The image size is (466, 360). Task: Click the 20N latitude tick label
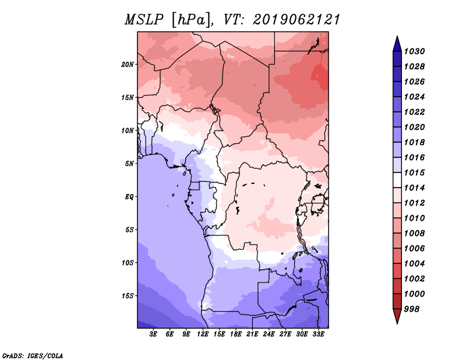point(128,65)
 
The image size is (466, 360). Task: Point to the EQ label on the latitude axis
point(129,197)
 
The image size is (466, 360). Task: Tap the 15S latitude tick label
point(128,296)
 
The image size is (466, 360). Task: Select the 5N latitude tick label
point(129,164)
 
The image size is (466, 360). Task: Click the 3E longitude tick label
point(153,334)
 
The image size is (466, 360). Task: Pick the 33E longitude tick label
point(318,334)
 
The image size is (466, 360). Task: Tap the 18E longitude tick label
point(236,334)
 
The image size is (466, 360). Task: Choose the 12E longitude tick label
point(203,334)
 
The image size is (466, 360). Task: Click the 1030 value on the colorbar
point(414,51)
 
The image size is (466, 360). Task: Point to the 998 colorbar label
point(412,309)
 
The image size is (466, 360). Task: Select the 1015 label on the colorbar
point(414,172)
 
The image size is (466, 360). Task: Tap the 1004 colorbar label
point(414,264)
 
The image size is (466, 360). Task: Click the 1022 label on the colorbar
point(414,112)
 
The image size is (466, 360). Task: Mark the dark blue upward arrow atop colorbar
point(397,44)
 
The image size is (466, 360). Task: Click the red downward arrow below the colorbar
point(397,316)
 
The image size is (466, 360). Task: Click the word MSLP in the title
point(144,20)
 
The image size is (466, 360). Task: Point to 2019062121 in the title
point(296,20)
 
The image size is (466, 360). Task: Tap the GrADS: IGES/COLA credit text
point(33,356)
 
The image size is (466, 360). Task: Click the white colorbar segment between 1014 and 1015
point(397,180)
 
